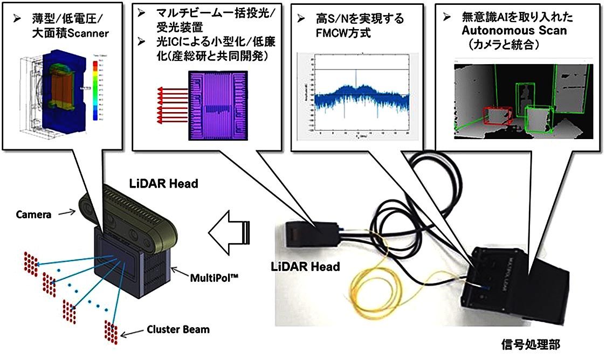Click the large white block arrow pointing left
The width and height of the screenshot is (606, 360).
229,232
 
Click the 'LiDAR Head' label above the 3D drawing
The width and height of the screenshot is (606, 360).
164,184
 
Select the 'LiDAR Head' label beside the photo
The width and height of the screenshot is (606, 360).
305,267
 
